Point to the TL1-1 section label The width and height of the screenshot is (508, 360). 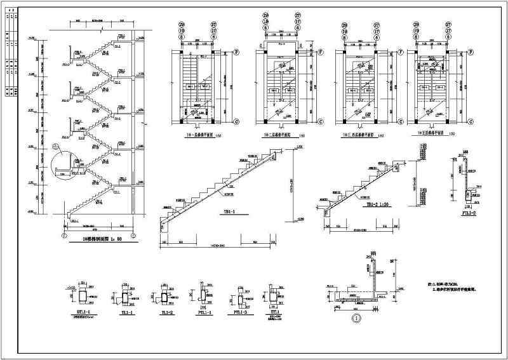coord(126,312)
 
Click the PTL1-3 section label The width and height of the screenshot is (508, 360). coord(241,312)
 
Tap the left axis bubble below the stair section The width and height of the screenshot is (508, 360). coord(63,236)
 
